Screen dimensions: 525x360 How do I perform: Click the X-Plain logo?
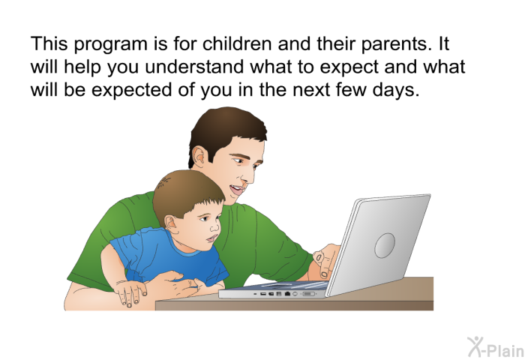pyautogui.click(x=496, y=347)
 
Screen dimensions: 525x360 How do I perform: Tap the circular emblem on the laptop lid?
pyautogui.click(x=385, y=245)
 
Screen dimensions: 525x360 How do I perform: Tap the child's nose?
pyautogui.click(x=215, y=227)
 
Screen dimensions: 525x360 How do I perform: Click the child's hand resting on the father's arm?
pyautogui.click(x=130, y=292)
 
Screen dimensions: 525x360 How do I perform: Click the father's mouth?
pyautogui.click(x=237, y=190)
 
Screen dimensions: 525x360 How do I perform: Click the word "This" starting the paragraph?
pyautogui.click(x=49, y=43)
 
